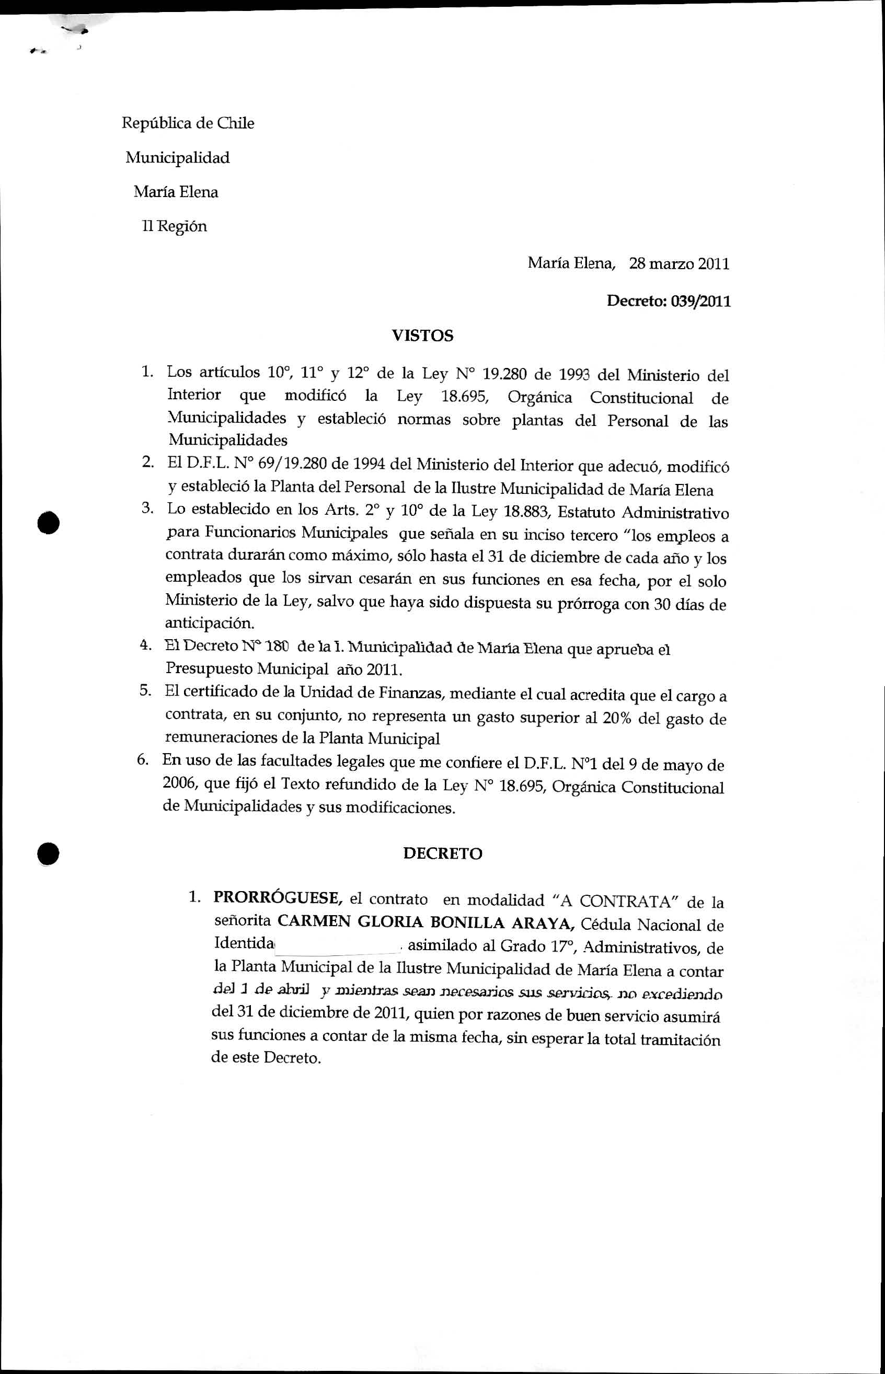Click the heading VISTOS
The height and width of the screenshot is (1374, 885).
pos(422,336)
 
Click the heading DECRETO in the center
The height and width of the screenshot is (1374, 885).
pos(442,853)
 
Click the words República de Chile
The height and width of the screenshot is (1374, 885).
pos(188,123)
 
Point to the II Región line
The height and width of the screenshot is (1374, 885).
pos(175,226)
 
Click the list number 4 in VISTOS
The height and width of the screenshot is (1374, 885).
pos(145,645)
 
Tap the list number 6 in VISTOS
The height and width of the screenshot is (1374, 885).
pos(143,760)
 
